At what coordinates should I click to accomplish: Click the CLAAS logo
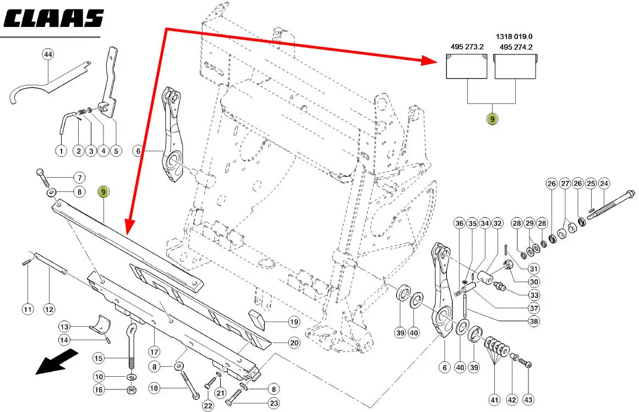click(53, 18)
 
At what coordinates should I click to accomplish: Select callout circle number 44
click(48, 54)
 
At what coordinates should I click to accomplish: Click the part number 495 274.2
click(516, 47)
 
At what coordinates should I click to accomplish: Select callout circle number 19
click(294, 322)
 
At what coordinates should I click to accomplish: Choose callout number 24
click(604, 183)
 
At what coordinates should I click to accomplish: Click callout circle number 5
click(116, 150)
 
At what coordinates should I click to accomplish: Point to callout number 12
click(49, 309)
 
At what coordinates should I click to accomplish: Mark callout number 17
click(154, 350)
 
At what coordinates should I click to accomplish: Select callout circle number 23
click(274, 403)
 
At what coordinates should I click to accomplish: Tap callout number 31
click(533, 268)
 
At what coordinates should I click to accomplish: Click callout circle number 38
click(533, 321)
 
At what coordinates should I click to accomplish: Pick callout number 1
click(61, 150)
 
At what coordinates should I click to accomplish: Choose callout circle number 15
click(99, 359)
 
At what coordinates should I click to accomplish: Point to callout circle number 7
click(79, 178)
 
